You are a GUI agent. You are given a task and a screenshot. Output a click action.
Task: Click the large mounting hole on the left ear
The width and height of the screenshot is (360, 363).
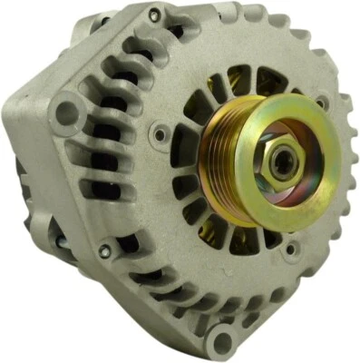(65, 114)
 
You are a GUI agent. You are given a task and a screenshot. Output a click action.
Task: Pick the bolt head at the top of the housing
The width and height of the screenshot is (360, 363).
(154, 15)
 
